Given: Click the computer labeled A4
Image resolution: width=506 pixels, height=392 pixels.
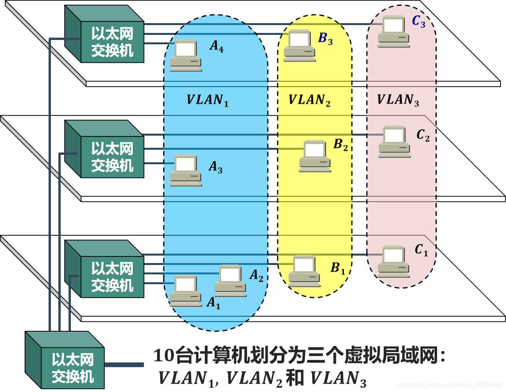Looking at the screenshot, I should [x=186, y=55].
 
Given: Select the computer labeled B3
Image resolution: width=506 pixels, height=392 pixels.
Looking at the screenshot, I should [x=300, y=45].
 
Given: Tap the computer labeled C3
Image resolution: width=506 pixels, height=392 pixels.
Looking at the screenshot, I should [x=394, y=31].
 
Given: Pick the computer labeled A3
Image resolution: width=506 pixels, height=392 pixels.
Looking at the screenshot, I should [x=186, y=170].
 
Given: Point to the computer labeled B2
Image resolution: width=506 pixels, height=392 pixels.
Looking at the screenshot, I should [x=315, y=156].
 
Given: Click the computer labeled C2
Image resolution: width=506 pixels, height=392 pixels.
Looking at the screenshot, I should [x=394, y=142].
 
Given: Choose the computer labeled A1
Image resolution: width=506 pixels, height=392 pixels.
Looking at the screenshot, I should [x=186, y=290].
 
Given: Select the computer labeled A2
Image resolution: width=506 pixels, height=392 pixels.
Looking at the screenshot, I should [x=230, y=281].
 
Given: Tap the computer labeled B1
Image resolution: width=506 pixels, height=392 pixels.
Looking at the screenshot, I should [x=304, y=270].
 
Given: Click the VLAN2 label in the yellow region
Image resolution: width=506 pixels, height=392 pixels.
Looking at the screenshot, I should [x=309, y=100].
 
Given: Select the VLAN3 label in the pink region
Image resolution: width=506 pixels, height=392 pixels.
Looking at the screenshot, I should [x=398, y=100].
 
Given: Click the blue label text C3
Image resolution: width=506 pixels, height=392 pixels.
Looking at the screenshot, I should [x=419, y=22].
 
